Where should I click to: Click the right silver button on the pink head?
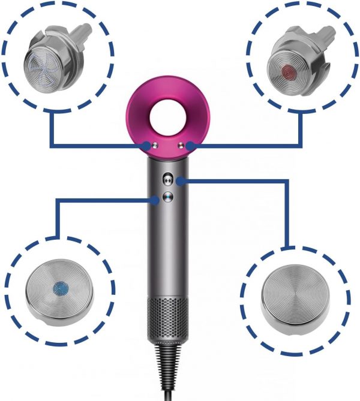point(180,145)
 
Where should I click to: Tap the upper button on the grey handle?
point(168,178)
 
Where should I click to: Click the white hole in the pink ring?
point(167,112)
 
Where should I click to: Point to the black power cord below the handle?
point(169,372)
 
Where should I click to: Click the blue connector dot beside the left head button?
point(146,145)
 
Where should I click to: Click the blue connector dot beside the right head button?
point(190,145)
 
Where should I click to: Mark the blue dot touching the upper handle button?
point(181,179)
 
